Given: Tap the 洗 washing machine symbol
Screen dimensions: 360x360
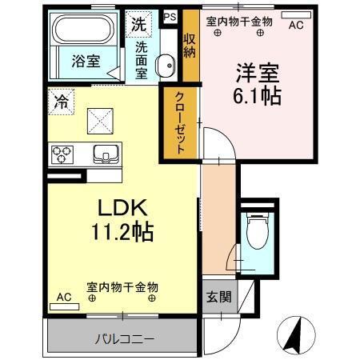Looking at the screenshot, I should [138, 25].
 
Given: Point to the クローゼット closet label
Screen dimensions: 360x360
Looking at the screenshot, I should [181, 122].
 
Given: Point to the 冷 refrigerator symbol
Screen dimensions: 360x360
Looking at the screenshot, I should [60, 102].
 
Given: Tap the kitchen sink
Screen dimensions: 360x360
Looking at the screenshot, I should [105, 154].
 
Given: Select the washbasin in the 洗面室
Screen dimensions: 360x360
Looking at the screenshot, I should [166, 66].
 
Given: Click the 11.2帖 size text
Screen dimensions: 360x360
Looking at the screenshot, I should [122, 234].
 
